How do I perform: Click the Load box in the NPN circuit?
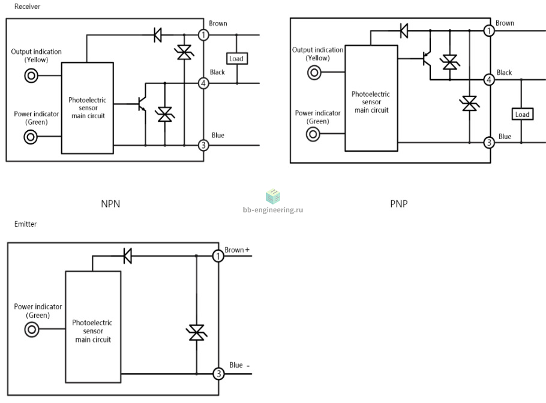(237, 58)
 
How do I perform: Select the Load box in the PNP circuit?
(523, 114)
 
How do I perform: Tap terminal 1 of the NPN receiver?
(203, 35)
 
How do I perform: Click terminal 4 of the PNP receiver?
(489, 80)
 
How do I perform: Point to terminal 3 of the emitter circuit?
(218, 374)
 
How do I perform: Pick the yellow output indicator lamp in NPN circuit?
(31, 76)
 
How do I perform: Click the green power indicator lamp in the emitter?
(32, 329)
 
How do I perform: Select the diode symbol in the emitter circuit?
(128, 256)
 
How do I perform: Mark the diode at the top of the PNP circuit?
(404, 31)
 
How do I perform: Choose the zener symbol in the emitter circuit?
(197, 332)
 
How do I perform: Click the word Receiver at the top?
(27, 6)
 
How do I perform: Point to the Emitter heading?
(25, 224)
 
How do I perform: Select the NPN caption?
(110, 203)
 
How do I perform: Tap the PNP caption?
(399, 203)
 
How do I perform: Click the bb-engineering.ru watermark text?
(273, 210)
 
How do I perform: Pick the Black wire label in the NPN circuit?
(217, 72)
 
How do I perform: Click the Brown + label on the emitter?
(237, 250)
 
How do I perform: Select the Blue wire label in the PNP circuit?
(505, 136)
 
